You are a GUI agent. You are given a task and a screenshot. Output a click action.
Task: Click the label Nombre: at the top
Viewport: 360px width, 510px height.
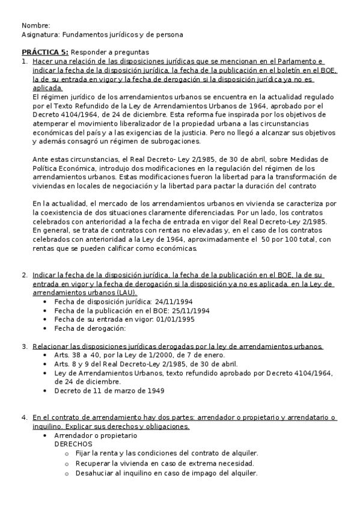coord(35,26)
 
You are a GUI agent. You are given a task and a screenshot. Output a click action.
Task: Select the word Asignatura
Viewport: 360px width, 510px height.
coord(38,35)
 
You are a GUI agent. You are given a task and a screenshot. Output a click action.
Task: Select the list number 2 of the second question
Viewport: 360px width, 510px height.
coord(24,275)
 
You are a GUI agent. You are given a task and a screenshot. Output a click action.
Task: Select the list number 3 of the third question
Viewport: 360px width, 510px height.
coord(24,346)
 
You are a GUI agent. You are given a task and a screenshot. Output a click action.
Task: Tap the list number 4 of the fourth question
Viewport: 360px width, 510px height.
coord(24,417)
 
